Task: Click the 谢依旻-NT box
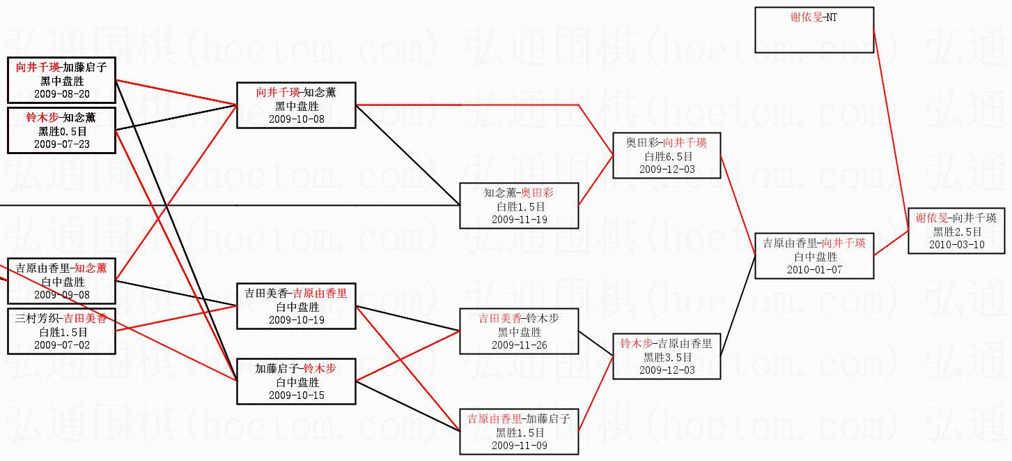[814, 30]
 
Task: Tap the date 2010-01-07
[814, 270]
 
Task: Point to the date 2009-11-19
[519, 220]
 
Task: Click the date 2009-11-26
[519, 345]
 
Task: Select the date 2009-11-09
[519, 446]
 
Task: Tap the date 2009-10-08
[296, 119]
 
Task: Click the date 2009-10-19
[296, 320]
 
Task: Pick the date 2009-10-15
[296, 395]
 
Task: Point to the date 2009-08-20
[61, 94]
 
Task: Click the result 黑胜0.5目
[61, 131]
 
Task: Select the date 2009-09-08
[61, 295]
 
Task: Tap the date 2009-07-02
[61, 345]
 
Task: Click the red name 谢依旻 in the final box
[931, 218]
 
